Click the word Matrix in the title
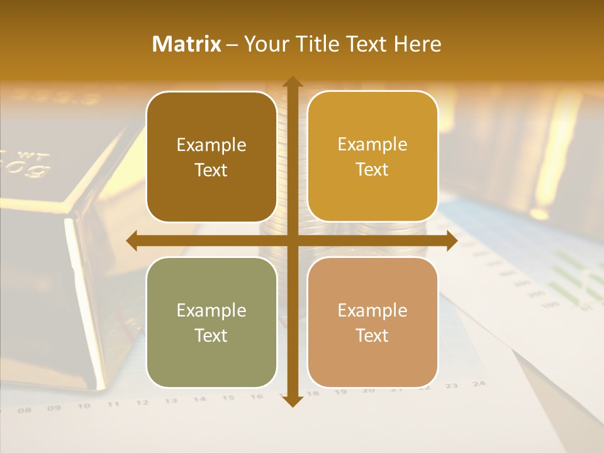tap(187, 44)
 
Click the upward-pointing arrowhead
tap(292, 82)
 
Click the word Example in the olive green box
tap(211, 310)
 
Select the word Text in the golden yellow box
tap(372, 169)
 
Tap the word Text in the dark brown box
tap(211, 170)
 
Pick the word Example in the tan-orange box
tap(372, 310)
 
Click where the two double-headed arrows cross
tap(292, 240)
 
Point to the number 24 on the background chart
tap(479, 383)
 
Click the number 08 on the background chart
tap(25, 410)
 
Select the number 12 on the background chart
tap(142, 403)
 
